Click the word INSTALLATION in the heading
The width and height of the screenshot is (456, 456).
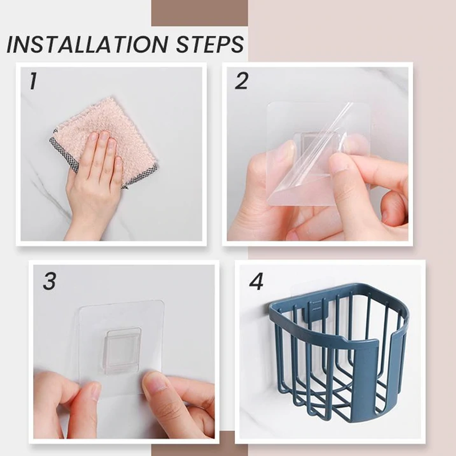tap(87, 44)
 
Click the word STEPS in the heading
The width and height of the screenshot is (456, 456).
tap(210, 44)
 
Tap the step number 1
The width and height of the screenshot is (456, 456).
tap(33, 81)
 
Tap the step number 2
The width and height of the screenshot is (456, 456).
tap(241, 81)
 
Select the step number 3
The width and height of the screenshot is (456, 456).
tap(50, 281)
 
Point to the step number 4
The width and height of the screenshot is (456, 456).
tap(256, 281)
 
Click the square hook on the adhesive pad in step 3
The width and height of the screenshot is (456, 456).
tap(123, 351)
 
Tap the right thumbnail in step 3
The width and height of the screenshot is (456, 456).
tap(153, 381)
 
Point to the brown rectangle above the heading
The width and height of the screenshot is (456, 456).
tap(199, 13)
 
